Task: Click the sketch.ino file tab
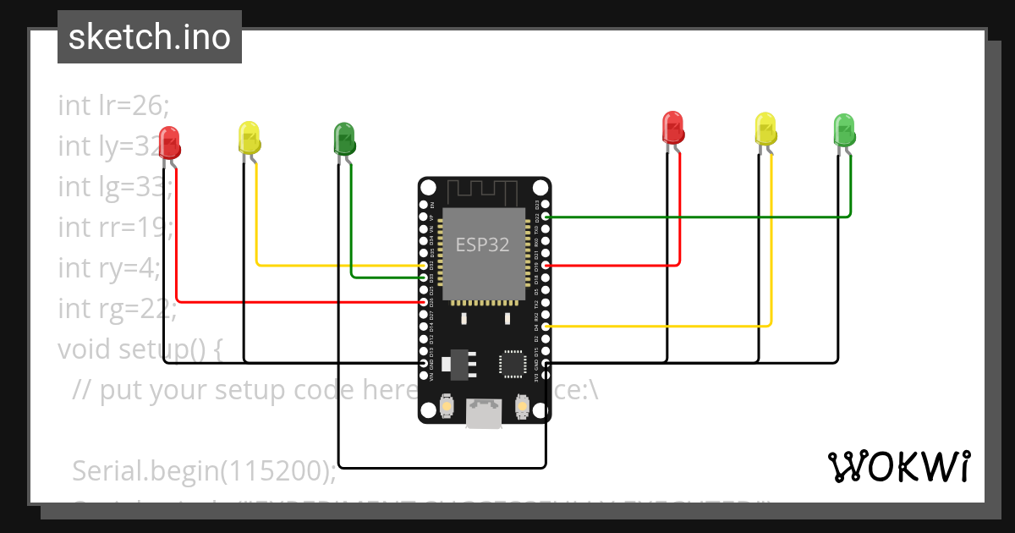tap(150, 37)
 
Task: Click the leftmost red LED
tap(169, 141)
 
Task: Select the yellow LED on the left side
tap(249, 138)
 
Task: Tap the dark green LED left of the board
tap(343, 138)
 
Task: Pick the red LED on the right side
tap(672, 127)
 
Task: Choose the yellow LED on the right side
tap(765, 129)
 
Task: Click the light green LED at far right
tap(844, 129)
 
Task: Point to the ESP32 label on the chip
tap(483, 245)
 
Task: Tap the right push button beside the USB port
tap(523, 408)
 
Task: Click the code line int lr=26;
tap(114, 106)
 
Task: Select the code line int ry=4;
tap(108, 268)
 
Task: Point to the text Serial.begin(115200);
tap(203, 470)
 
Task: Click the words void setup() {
tap(140, 349)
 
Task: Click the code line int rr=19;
tap(115, 228)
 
